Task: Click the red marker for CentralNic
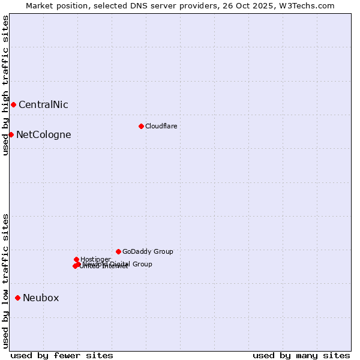pos(13,104)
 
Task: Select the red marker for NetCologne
pos(11,134)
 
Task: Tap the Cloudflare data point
pos(141,126)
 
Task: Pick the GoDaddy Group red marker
pos(118,251)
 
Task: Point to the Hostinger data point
pos(76,259)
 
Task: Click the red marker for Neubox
pos(17,298)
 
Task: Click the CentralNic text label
pos(43,104)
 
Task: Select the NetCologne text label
pos(43,134)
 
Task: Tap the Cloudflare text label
pos(161,126)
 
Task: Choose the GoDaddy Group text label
pos(148,251)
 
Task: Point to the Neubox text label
pos(41,298)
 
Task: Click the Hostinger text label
pos(95,259)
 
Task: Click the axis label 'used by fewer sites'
pos(62,355)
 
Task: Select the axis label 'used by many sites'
pos(301,355)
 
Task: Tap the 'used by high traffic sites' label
pos(5,85)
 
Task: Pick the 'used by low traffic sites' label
pos(5,281)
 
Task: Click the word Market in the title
pos(40,5)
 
